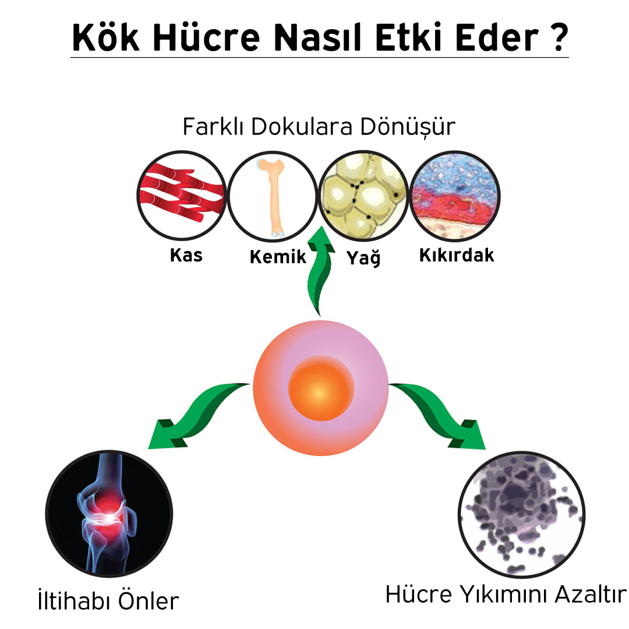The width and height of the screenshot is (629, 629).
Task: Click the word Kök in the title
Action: coord(106,37)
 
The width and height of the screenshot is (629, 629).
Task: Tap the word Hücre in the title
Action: coord(206,37)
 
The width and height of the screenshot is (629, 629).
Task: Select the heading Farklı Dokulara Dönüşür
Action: coord(319,127)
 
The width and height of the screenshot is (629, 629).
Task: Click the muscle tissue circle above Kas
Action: coord(182,195)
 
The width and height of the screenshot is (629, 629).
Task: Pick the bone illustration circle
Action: coord(273,197)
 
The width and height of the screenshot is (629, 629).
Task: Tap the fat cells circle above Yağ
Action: coord(363,196)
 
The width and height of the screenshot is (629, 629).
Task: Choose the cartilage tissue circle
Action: coord(455,196)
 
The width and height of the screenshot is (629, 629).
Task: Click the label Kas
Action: coord(186,255)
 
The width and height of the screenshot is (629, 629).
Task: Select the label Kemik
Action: coord(278,257)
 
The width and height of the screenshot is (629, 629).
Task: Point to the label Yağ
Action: coord(363,257)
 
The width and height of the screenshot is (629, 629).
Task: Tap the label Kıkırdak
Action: coord(457,255)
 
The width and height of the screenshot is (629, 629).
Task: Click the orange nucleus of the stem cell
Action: coord(321,388)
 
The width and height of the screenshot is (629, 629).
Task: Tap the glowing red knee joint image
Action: coord(109,514)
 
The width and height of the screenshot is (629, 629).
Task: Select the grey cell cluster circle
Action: coord(521,515)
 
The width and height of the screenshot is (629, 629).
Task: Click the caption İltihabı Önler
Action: coord(108,600)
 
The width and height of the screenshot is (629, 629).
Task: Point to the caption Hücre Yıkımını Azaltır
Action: coord(506,594)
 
